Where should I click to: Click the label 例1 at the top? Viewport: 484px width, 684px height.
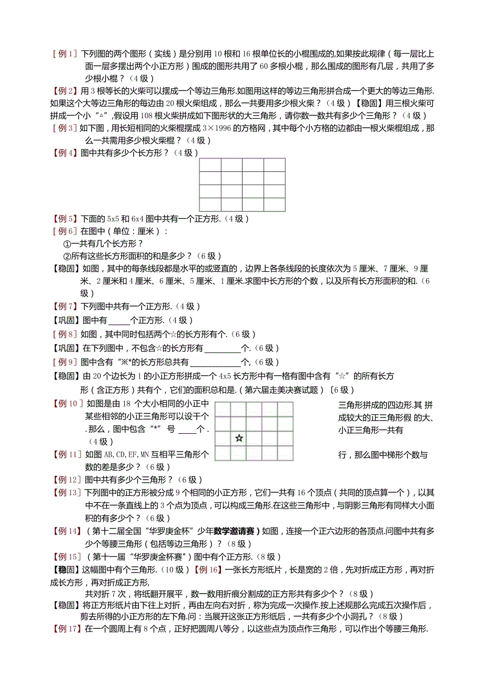[x=65, y=54]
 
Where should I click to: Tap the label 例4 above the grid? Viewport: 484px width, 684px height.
[x=65, y=153]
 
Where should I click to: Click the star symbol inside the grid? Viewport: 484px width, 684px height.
[x=239, y=437]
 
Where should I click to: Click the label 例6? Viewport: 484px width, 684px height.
[x=65, y=231]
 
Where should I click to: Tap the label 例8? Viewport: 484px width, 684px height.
[x=65, y=334]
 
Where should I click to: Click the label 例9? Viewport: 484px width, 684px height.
[x=65, y=362]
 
